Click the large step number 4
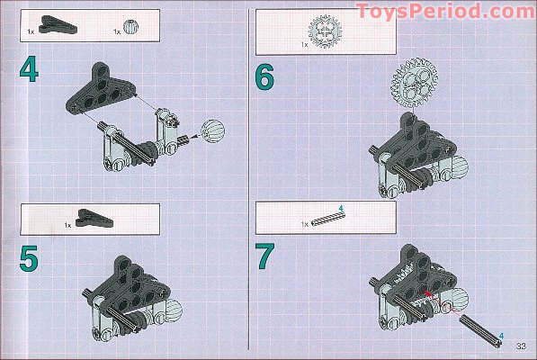[x=29, y=69]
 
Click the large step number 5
[x=29, y=258]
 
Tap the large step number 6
[x=264, y=76]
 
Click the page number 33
[x=521, y=346]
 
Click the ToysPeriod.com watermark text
[x=445, y=12]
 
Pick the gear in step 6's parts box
[x=325, y=32]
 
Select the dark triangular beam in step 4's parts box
[x=58, y=24]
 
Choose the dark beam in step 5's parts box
[x=94, y=218]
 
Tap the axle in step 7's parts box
[x=328, y=219]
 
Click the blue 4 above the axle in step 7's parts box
[x=341, y=208]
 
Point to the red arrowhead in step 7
[x=427, y=293]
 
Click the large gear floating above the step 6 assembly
[x=414, y=83]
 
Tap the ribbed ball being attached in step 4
[x=213, y=131]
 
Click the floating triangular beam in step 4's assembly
[x=101, y=88]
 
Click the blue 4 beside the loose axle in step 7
[x=501, y=336]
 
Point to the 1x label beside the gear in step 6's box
[x=304, y=44]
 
